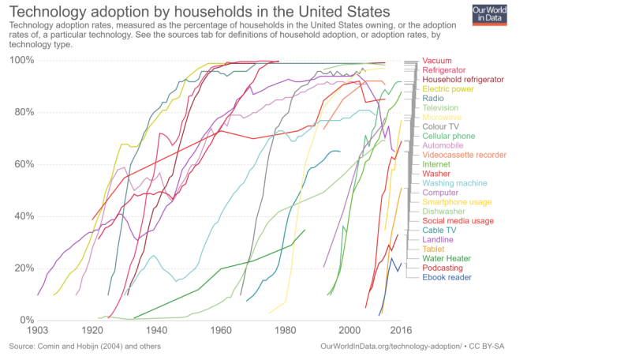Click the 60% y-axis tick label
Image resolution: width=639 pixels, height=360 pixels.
22,164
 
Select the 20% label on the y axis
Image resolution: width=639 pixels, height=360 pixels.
22,268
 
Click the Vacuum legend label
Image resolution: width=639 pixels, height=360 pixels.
437,61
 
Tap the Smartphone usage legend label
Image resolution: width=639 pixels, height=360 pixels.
457,202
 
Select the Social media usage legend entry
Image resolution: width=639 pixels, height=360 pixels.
458,221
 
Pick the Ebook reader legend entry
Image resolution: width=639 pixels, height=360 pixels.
447,277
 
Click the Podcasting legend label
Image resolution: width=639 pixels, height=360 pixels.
443,268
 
